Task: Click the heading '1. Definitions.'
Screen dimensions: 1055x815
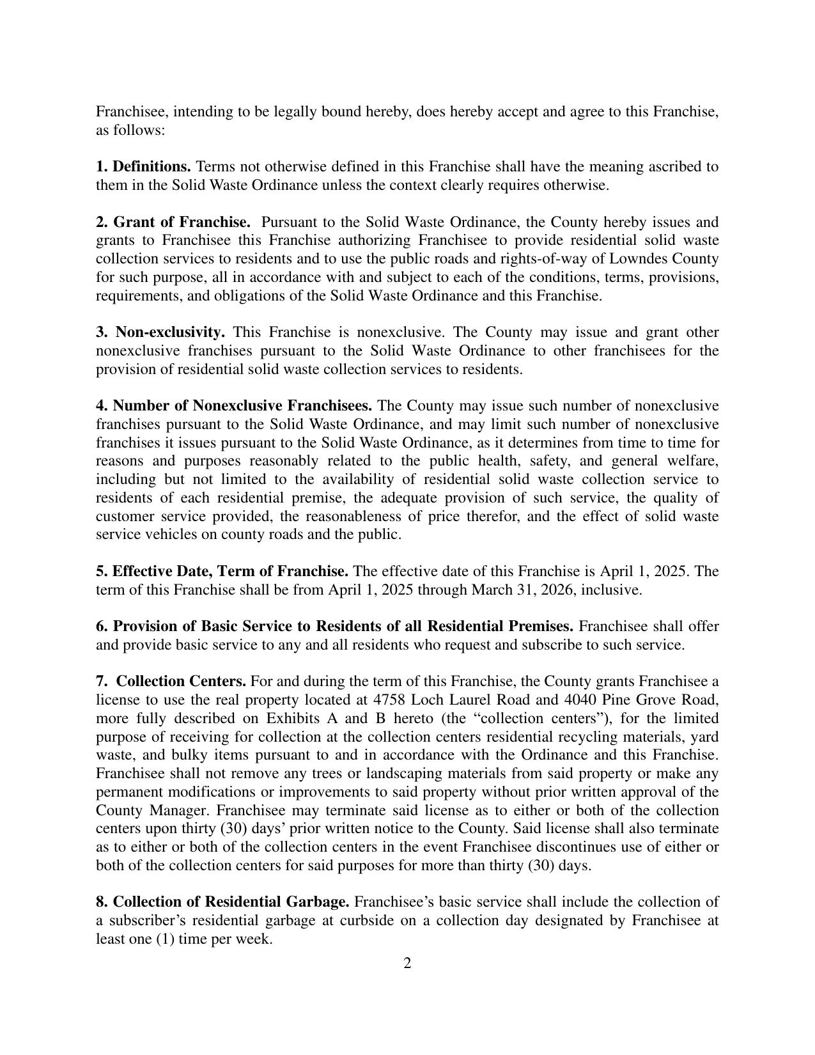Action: [143, 167]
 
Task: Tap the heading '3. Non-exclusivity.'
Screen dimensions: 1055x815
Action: [160, 332]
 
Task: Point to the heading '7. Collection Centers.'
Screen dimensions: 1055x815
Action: [171, 682]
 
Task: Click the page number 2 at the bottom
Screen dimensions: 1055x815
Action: [407, 964]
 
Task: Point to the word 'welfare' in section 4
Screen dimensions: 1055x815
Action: [694, 461]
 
